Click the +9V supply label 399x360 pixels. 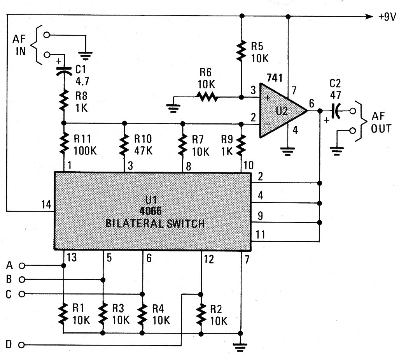click(386, 17)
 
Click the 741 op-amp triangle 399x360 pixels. click(282, 111)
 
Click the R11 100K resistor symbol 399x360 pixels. click(64, 144)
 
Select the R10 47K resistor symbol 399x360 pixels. click(124, 144)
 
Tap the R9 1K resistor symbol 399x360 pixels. click(241, 144)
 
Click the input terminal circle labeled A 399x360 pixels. click(22, 266)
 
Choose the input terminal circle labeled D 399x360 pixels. click(22, 345)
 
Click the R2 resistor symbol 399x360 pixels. click(201, 314)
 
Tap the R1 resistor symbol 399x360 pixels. click(64, 314)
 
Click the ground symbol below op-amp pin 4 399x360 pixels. click(288, 151)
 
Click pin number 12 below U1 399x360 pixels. click(208, 259)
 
